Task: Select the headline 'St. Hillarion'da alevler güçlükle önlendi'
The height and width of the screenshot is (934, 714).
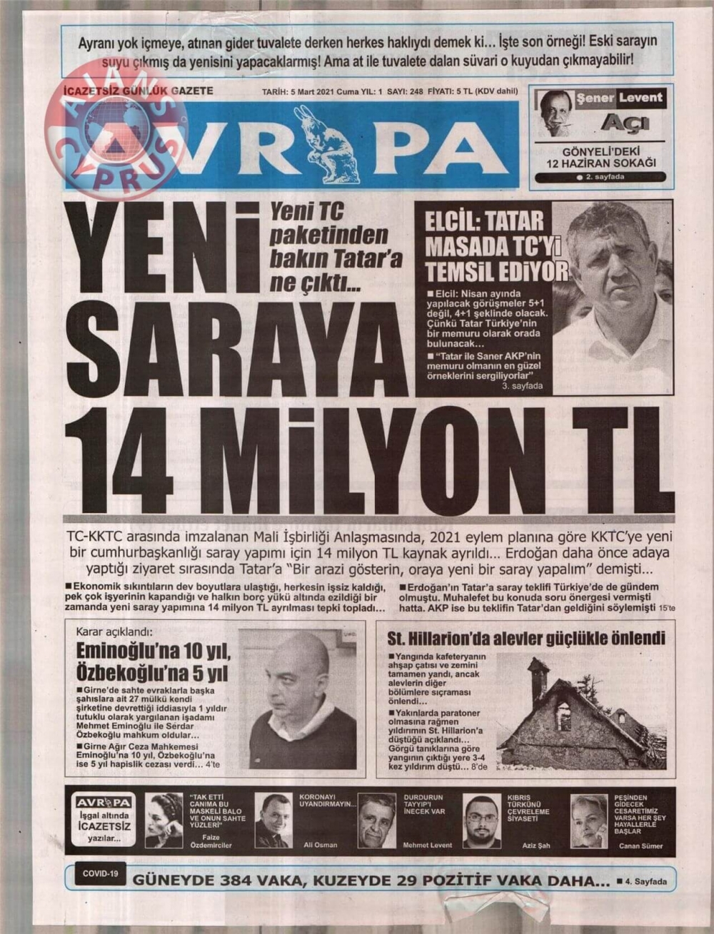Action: pos(526,637)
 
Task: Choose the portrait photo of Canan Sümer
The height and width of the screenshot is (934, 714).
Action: pos(589,821)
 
